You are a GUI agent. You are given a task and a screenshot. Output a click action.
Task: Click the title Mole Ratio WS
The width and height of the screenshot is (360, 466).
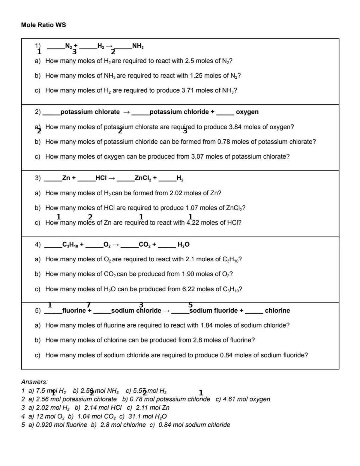point(43,25)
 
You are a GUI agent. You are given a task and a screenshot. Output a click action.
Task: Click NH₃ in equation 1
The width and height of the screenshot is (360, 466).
point(138,46)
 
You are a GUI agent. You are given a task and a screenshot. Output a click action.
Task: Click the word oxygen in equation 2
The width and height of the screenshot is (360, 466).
point(247,112)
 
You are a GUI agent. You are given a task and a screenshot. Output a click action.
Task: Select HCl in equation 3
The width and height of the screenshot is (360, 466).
point(101,178)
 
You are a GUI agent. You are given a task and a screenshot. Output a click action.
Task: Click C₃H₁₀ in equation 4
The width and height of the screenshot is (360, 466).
point(70,245)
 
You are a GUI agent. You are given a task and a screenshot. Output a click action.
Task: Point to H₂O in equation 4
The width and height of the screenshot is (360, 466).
point(183,245)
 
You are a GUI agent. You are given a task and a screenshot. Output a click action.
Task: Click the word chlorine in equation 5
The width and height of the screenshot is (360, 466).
point(277,311)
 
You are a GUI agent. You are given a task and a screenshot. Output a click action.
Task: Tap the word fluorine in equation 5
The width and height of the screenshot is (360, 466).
point(74,311)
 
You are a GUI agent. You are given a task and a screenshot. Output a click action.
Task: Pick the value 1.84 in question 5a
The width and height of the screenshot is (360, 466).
point(207,325)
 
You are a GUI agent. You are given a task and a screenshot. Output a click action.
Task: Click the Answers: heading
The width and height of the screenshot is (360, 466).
point(34,382)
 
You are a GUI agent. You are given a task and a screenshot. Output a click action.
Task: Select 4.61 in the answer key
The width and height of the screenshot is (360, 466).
point(229,399)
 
